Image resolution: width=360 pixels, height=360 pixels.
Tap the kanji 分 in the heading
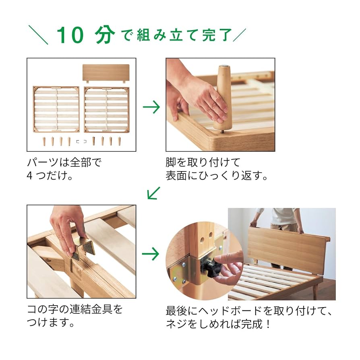tap(105, 35)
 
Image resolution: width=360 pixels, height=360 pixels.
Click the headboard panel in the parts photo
tap(106, 73)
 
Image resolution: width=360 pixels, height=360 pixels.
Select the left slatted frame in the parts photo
tap(56, 109)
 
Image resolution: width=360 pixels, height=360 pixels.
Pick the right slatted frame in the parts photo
tap(106, 109)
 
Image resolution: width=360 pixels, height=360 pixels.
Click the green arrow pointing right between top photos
tap(151, 107)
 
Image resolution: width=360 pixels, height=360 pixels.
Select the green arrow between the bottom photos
tap(151, 254)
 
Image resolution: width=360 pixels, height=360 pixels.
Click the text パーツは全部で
tap(64, 163)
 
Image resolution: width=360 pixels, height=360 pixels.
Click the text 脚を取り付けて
tap(203, 163)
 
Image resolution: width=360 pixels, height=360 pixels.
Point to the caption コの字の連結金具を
tap(74, 310)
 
